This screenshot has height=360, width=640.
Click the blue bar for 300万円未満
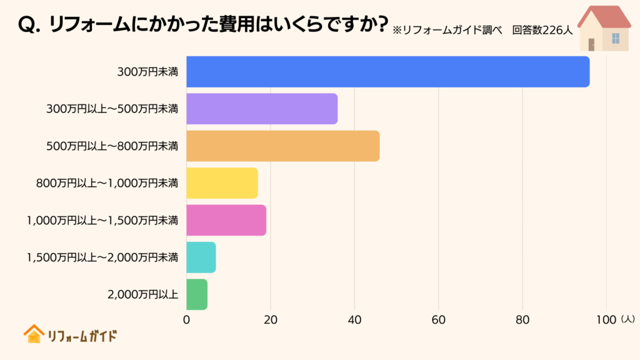tap(387, 72)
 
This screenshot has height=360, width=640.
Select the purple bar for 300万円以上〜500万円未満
tap(262, 109)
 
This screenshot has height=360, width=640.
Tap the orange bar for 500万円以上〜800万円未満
tap(282, 146)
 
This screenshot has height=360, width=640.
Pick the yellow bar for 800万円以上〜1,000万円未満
tap(222, 183)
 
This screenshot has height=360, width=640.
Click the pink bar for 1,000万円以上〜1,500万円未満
tap(226, 220)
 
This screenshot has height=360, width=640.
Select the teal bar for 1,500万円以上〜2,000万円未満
tap(201, 257)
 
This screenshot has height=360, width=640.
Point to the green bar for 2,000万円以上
tap(197, 294)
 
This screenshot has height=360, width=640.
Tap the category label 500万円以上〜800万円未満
tap(112, 146)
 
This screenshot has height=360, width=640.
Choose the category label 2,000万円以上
tap(143, 294)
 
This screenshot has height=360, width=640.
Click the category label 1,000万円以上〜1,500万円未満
tap(102, 220)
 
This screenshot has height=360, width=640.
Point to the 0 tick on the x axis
tap(187, 320)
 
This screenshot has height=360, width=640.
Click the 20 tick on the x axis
tap(271, 320)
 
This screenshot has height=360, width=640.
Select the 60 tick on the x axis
tap(438, 320)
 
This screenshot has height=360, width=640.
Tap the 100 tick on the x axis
tap(606, 320)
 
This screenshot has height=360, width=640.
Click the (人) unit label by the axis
tap(627, 319)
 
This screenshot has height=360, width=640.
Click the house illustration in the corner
tap(603, 28)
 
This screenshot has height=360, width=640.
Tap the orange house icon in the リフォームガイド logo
tap(34, 334)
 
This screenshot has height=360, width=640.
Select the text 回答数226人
tap(542, 30)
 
